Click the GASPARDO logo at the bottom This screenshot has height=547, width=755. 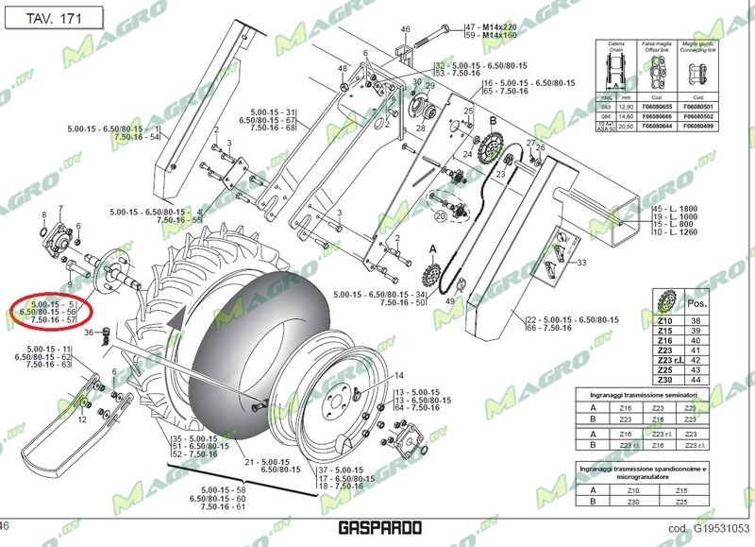click(377, 530)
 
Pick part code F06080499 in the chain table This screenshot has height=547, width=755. click(699, 126)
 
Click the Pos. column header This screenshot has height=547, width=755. click(697, 303)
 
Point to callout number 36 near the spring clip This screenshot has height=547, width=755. click(89, 333)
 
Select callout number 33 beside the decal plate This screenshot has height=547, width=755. click(581, 263)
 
